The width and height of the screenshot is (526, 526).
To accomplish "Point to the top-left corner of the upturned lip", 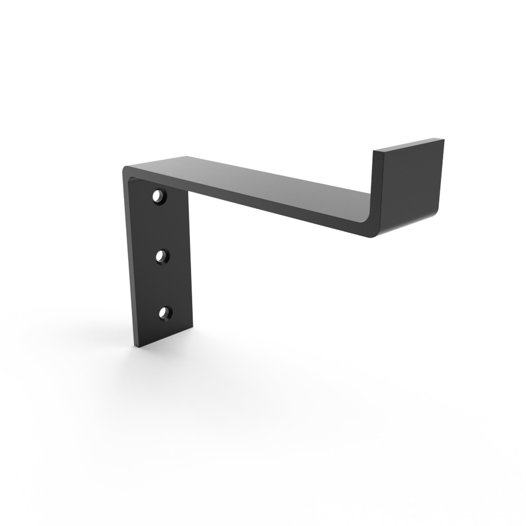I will tap(373, 151).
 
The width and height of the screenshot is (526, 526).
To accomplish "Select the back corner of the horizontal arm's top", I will tap(187, 156).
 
